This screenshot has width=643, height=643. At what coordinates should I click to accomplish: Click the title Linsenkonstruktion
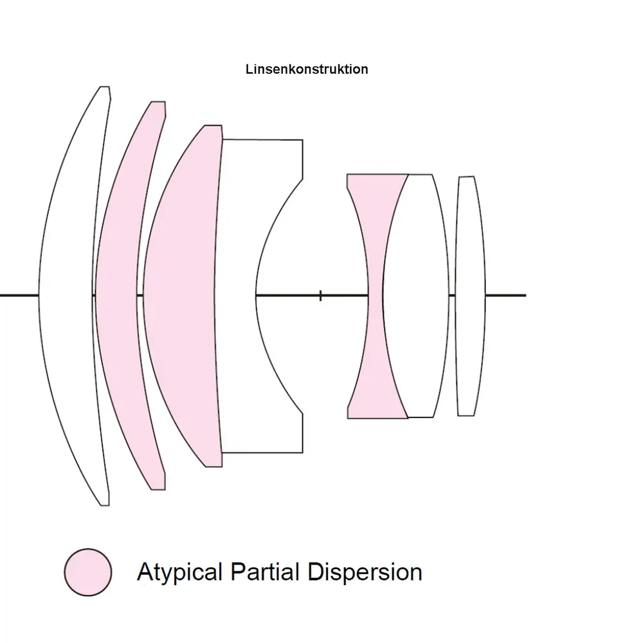(x=307, y=69)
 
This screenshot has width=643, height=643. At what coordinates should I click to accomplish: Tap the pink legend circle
(x=88, y=572)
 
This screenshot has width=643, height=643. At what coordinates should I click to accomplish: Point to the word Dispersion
(x=365, y=572)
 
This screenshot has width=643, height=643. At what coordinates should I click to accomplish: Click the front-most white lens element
(x=68, y=295)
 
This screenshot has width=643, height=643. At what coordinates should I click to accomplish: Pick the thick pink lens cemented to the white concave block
(x=183, y=295)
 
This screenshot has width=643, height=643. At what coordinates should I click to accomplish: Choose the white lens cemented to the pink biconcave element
(x=415, y=295)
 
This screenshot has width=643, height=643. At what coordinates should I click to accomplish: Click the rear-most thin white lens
(x=470, y=295)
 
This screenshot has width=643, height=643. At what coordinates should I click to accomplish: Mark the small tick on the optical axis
(x=321, y=295)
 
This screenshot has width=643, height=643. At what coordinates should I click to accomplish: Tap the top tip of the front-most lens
(x=104, y=87)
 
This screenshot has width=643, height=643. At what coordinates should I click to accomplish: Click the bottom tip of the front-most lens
(x=104, y=504)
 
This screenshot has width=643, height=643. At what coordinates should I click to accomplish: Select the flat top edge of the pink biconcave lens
(x=377, y=174)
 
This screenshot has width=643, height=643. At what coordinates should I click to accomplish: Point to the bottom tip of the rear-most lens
(x=466, y=415)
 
